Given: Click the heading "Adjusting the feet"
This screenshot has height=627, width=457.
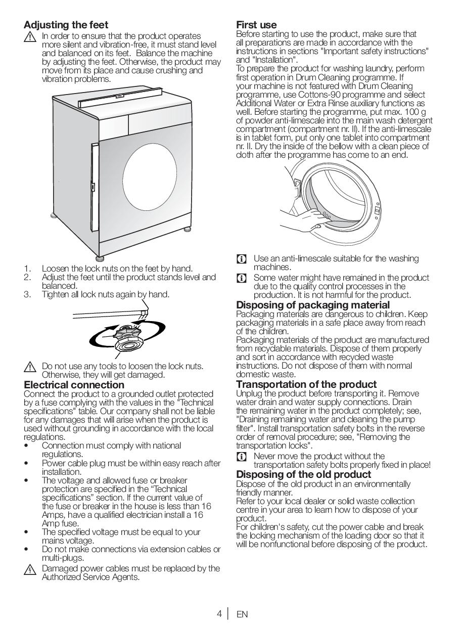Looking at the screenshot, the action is (x=66, y=25).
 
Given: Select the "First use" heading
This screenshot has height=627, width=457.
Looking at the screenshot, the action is (x=256, y=25).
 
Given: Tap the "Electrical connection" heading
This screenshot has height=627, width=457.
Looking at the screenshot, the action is (x=74, y=385).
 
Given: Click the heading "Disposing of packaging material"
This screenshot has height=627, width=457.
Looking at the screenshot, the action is (x=313, y=305).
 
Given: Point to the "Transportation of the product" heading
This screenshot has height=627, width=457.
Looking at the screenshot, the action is (x=306, y=384).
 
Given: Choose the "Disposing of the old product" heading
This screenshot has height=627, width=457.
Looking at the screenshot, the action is (x=304, y=474).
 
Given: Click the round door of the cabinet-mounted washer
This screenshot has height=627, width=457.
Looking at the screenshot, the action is (x=150, y=177).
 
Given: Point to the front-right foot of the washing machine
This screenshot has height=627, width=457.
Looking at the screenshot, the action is (x=187, y=229).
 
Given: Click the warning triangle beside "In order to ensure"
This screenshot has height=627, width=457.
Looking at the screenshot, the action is (x=30, y=37).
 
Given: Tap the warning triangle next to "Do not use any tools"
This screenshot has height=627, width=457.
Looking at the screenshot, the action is (x=30, y=367).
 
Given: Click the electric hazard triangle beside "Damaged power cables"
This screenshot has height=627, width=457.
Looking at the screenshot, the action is (x=30, y=570).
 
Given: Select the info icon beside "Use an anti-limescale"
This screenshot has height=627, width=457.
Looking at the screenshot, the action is (x=242, y=259).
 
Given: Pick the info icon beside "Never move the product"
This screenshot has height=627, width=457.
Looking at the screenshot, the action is (x=242, y=457).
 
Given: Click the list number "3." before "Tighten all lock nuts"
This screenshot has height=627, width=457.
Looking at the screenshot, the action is (x=27, y=294).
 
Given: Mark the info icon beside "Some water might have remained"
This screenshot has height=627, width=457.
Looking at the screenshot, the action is (x=242, y=278).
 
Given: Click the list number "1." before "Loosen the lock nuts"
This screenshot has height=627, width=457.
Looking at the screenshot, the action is (x=27, y=268).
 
